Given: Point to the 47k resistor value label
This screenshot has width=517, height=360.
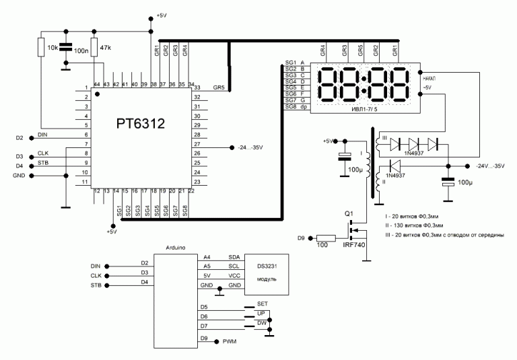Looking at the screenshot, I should pos(105,48).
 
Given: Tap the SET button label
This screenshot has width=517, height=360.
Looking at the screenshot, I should pos(263,305).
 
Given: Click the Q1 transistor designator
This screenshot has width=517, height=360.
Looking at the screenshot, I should pos(349,213).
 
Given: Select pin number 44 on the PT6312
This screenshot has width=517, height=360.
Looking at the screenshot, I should pos(97,84).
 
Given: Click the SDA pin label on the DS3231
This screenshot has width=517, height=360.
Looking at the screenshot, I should pos(234,256).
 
